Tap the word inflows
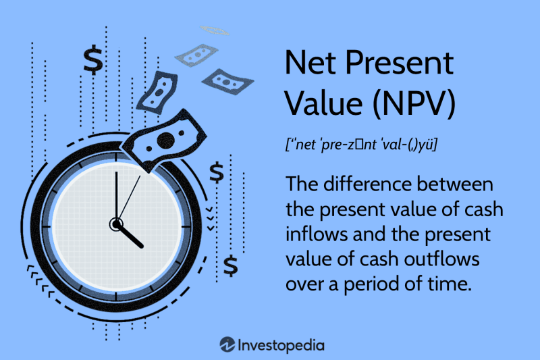(315, 234)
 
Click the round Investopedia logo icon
(227, 345)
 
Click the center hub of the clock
(116, 223)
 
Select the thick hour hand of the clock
(130, 235)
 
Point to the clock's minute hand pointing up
(116, 196)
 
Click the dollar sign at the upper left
(93, 60)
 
